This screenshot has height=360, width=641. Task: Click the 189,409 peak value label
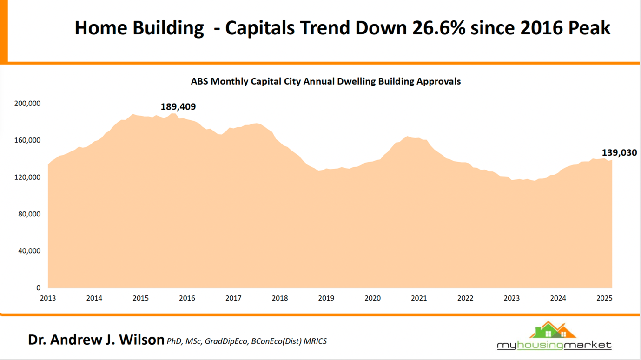[178, 107]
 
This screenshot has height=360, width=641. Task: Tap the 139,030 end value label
[619, 152]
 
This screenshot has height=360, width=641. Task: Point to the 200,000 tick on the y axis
[27, 104]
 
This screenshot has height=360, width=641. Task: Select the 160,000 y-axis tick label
[27, 140]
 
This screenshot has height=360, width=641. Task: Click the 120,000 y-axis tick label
[27, 177]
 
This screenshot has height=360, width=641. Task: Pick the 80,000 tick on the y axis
[29, 214]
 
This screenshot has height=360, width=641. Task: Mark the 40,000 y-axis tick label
[29, 251]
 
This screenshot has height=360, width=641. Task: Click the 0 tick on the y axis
[39, 288]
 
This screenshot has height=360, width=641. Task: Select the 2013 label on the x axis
[48, 298]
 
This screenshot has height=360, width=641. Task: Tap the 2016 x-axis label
[187, 298]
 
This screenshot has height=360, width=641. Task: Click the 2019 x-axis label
[326, 298]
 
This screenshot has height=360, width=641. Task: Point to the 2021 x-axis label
[419, 298]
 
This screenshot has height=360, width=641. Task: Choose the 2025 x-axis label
[604, 298]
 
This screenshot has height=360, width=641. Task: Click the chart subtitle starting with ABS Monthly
[325, 81]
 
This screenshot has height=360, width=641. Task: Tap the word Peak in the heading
[589, 28]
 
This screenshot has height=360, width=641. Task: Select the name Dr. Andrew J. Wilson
[96, 340]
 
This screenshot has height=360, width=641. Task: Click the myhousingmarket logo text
[554, 345]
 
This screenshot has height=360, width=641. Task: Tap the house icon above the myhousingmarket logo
[552, 330]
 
